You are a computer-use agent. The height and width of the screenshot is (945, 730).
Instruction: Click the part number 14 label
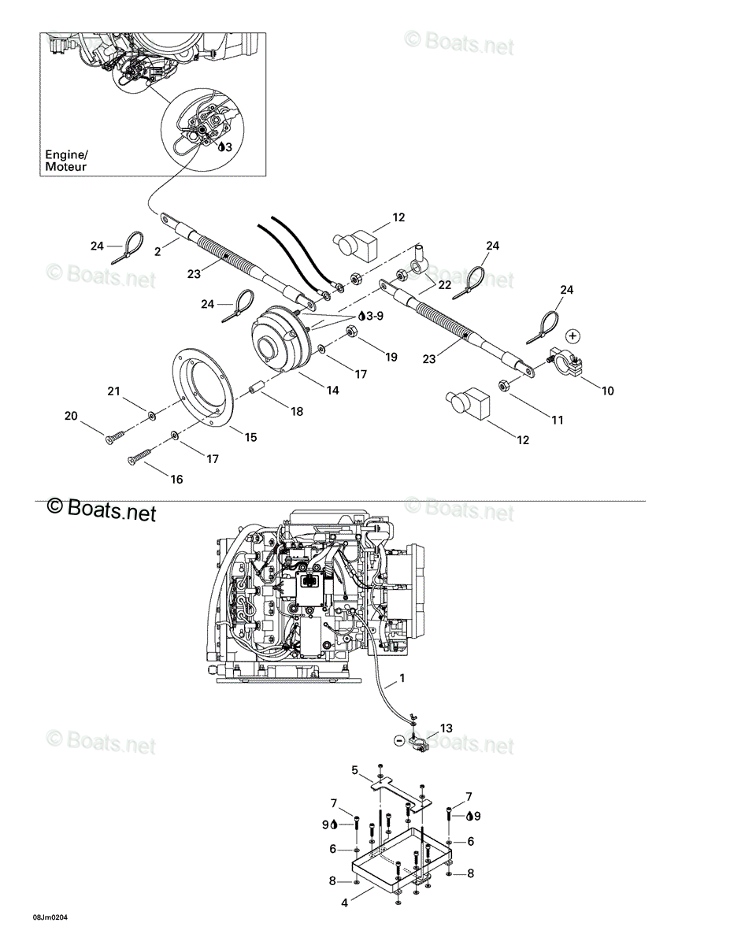332,390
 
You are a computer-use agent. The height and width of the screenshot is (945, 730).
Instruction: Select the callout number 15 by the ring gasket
251,437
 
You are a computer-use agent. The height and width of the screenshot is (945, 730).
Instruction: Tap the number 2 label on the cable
157,251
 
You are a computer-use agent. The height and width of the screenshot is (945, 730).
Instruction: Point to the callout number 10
607,391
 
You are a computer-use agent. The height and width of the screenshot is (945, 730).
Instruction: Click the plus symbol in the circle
573,335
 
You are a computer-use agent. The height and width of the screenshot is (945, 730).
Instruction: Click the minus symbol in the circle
398,740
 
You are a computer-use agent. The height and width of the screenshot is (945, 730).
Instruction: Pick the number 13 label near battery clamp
446,728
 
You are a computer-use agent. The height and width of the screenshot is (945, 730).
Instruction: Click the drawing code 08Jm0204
50,917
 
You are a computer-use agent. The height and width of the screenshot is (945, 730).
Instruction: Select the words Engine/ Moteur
66,161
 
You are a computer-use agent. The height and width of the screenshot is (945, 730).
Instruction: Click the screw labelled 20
115,436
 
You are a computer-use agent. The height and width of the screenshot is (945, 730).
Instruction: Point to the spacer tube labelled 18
253,387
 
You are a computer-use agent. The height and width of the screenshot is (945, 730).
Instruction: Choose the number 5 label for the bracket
355,770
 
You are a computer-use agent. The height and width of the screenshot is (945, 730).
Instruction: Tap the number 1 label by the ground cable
402,677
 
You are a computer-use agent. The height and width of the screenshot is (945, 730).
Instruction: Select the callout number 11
557,420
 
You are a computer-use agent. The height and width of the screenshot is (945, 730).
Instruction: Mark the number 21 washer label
113,391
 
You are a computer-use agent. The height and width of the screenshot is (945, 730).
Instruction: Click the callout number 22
445,284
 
